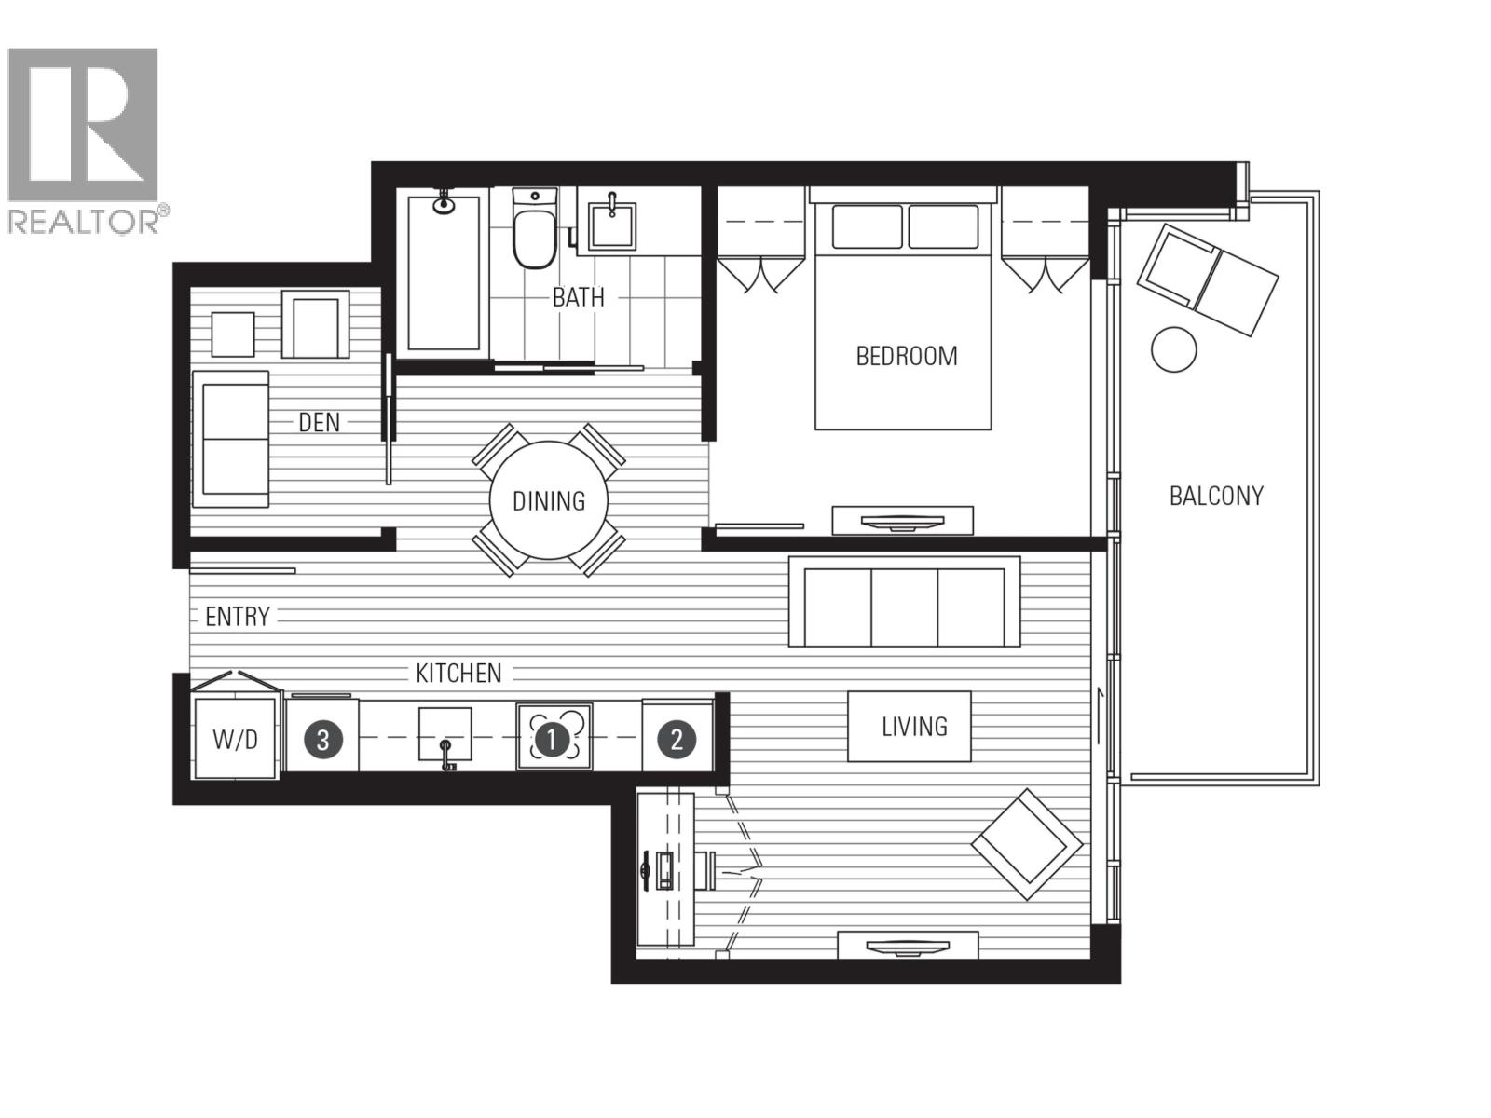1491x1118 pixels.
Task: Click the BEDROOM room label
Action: (x=906, y=356)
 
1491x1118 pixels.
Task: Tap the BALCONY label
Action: (x=1216, y=496)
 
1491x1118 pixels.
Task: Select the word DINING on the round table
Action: (x=549, y=501)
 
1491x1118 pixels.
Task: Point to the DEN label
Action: (x=319, y=423)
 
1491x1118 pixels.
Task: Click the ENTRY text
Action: (x=237, y=617)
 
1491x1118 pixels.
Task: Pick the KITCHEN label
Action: (x=458, y=673)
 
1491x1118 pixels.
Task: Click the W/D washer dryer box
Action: (x=235, y=740)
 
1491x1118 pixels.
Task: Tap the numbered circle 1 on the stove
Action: (x=553, y=740)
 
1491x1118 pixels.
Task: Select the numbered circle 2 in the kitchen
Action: (x=677, y=740)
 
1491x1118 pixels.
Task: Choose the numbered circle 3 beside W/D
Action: (x=322, y=740)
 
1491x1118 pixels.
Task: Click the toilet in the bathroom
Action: (x=534, y=233)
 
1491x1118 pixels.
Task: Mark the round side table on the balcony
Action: (x=1173, y=349)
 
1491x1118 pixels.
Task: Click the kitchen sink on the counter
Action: (x=445, y=736)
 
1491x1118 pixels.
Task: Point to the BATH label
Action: (x=578, y=298)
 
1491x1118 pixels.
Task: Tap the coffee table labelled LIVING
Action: (x=910, y=727)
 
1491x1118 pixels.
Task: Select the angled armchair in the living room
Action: (x=1026, y=844)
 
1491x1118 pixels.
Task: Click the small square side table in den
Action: (x=232, y=334)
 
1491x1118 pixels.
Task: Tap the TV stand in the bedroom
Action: (x=902, y=521)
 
